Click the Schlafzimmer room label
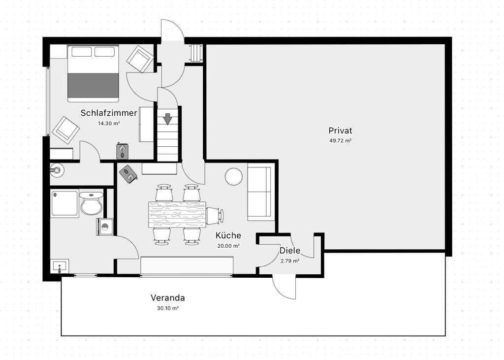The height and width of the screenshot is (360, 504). coord(109,113)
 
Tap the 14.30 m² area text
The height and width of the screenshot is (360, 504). coord(109,123)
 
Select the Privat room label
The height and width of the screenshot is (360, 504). coord(340,131)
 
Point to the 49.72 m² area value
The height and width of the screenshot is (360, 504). coord(340,140)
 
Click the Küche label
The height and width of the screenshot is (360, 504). coord(228,235)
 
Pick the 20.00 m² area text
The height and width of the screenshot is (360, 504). coord(228,246)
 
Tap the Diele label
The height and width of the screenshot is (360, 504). coord(289,250)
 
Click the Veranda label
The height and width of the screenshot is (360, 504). coord(168,298)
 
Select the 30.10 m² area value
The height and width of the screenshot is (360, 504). coord(168,308)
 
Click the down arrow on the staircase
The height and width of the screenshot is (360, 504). coord(167,119)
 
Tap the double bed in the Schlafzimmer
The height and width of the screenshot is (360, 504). coord(93,73)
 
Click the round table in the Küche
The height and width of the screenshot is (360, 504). coord(234,177)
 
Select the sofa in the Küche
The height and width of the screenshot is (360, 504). coord(259,192)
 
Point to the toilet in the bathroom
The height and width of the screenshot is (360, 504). coord(91,202)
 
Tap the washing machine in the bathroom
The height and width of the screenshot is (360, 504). coord(105,227)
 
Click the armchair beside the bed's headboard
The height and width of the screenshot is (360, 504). coord(140,59)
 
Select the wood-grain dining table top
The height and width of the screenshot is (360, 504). coord(177,215)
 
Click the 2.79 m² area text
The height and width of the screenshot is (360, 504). coord(290,261)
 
